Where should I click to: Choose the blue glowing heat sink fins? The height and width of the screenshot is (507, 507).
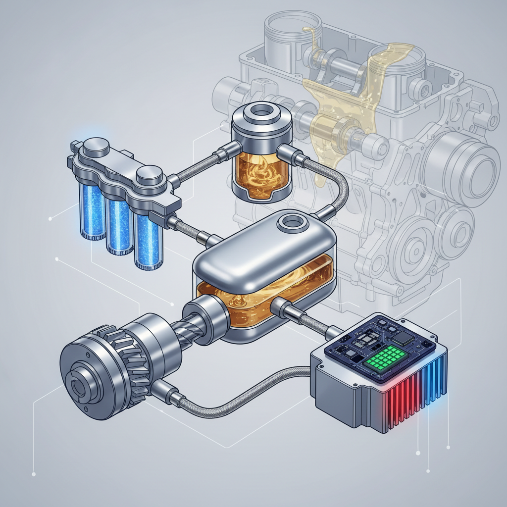436,384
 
